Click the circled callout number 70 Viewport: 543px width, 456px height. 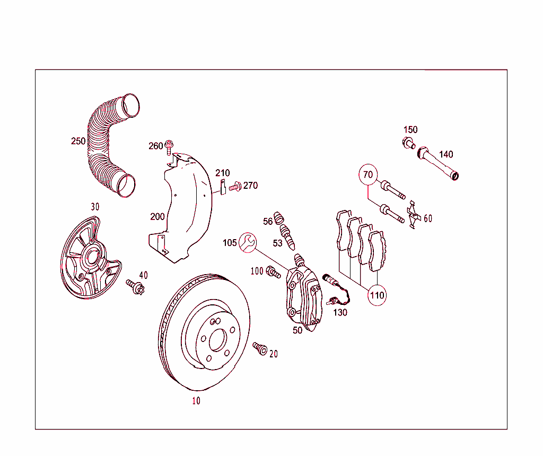[368, 174]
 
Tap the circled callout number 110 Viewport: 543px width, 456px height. [377, 295]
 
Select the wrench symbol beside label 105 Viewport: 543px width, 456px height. [247, 242]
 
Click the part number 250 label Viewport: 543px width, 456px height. [78, 141]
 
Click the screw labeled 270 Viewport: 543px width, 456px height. [235, 186]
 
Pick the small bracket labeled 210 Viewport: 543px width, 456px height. [223, 187]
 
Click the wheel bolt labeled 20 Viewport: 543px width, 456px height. [260, 348]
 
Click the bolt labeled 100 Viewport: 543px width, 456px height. [273, 273]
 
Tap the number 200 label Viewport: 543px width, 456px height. [157, 216]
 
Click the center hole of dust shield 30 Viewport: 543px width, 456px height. [91, 258]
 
